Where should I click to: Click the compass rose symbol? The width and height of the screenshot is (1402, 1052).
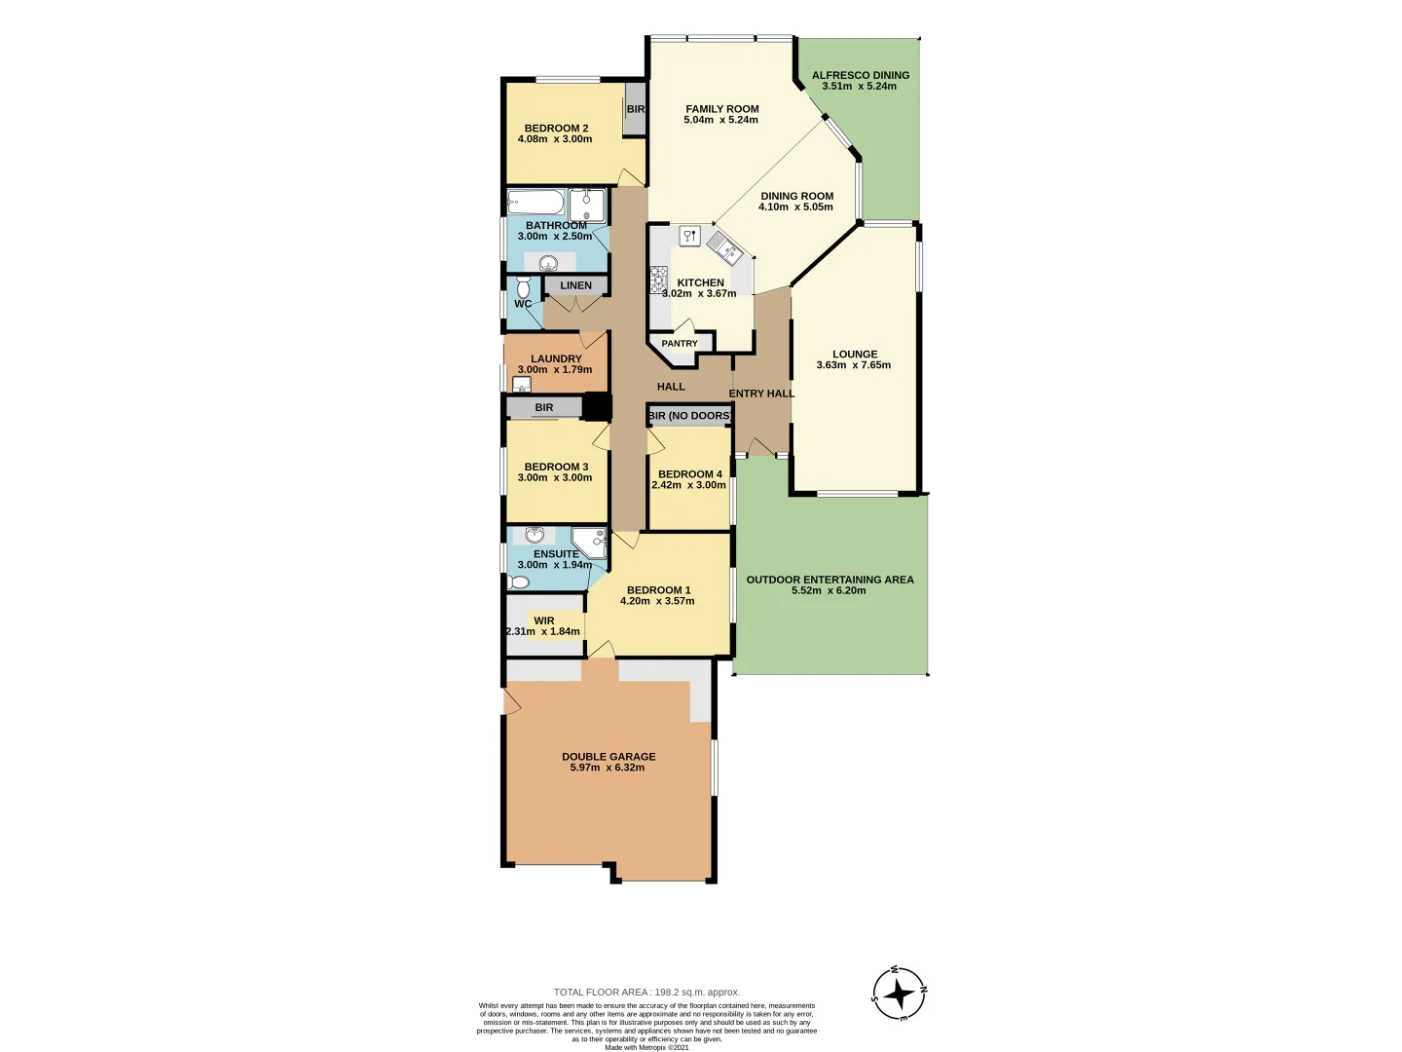[x=899, y=994]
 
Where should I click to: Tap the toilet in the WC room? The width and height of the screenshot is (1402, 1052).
[x=524, y=287]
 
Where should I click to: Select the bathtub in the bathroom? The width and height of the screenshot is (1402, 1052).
[x=535, y=203]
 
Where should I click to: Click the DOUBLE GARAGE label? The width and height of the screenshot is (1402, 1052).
[x=609, y=757]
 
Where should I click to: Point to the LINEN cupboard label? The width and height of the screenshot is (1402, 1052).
[x=575, y=285]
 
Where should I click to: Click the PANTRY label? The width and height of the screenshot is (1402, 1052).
[x=680, y=344]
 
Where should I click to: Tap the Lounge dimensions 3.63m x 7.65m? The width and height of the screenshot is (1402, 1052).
[x=854, y=365]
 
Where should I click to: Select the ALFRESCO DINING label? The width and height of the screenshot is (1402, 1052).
[x=861, y=75]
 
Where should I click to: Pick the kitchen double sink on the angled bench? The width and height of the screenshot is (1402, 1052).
[x=724, y=247]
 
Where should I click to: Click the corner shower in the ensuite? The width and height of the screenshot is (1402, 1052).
[x=589, y=542]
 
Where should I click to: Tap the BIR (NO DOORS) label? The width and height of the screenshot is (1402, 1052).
[x=690, y=416]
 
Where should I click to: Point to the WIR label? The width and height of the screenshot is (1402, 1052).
[x=544, y=620]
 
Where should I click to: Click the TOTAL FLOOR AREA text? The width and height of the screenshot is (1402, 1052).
[x=646, y=992]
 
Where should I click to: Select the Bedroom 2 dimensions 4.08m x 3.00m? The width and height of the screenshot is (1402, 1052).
[x=555, y=139]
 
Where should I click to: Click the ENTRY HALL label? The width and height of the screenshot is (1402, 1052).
[x=761, y=394]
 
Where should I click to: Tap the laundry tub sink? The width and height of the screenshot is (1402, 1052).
[x=522, y=385]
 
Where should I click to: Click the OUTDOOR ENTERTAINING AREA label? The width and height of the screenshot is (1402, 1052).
[x=830, y=580]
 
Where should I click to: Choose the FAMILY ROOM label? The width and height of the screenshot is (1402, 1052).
[x=721, y=109]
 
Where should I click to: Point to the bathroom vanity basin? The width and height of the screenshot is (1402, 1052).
[x=549, y=262]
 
